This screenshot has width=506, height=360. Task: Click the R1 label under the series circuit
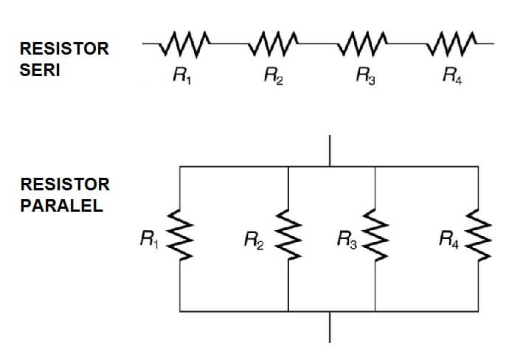(x=180, y=76)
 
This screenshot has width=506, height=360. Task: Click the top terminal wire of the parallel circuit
(x=330, y=150)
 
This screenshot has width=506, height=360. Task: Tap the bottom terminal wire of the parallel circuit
(x=330, y=327)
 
